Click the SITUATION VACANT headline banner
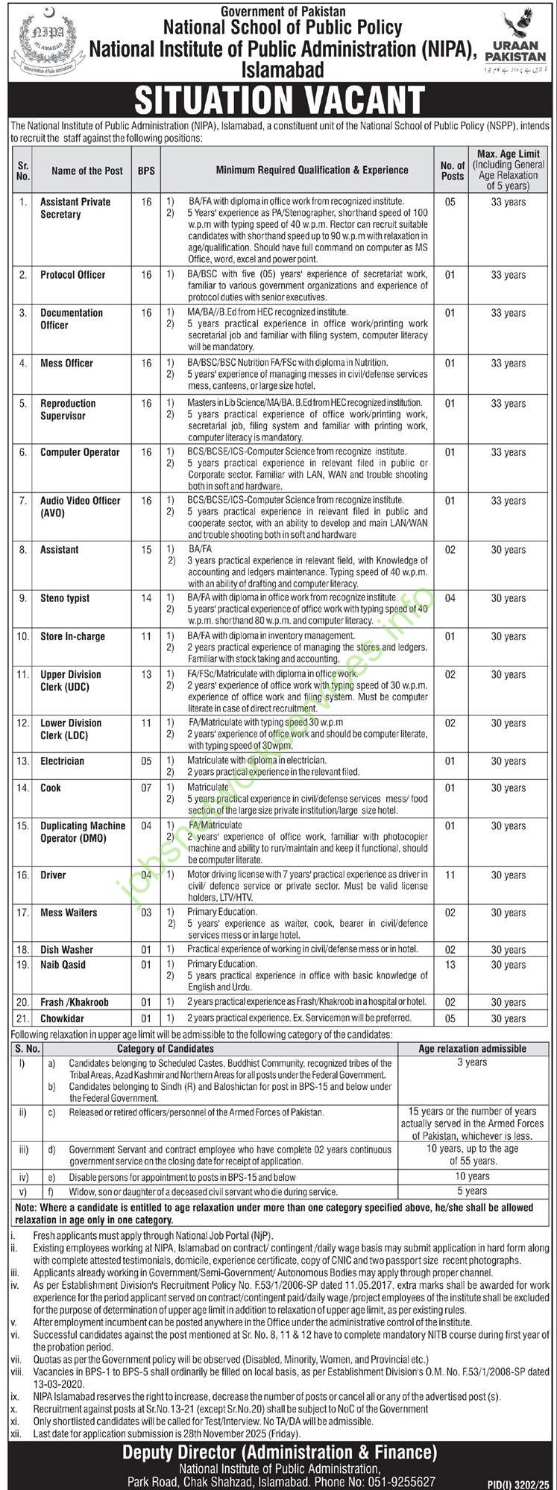(x=278, y=99)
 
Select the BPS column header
(x=146, y=171)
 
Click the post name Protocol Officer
(x=72, y=275)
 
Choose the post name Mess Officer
(x=66, y=364)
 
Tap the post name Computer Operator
(x=79, y=452)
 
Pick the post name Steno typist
(x=65, y=598)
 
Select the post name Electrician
(x=63, y=761)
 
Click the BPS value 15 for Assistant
(x=146, y=550)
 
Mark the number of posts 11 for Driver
(x=450, y=875)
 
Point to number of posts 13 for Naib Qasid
(x=450, y=965)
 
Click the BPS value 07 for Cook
(x=146, y=788)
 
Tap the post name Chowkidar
(x=62, y=1018)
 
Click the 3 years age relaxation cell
(x=472, y=1062)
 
